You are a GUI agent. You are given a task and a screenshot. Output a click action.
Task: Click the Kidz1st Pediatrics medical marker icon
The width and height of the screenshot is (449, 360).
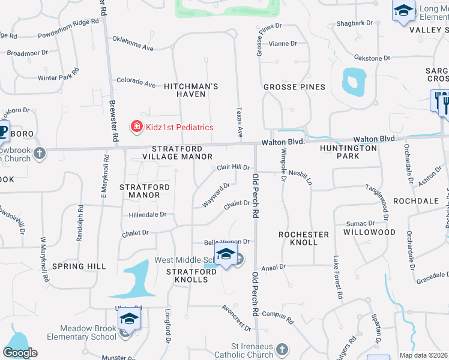click(x=137, y=127)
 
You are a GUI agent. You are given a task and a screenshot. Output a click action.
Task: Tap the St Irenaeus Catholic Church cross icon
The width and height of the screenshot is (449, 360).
click(x=283, y=349)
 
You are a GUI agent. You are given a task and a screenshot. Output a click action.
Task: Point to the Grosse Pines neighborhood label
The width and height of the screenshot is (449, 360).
click(x=294, y=87)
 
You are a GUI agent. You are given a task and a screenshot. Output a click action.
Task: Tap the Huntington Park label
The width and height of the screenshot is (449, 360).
click(x=348, y=152)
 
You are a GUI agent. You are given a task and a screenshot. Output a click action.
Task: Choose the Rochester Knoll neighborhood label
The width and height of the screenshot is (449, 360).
click(x=304, y=238)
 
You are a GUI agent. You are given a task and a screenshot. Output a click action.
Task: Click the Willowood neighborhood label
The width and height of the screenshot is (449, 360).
click(x=370, y=232)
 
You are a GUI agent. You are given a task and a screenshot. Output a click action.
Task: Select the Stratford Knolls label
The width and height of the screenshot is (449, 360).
click(x=191, y=276)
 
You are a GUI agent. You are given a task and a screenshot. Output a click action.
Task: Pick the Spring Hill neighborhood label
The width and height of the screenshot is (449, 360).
click(x=79, y=266)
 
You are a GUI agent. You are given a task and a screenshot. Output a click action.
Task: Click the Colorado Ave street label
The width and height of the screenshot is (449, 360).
click(x=136, y=81)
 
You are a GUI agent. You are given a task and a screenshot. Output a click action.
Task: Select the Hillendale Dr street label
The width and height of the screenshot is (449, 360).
click(x=147, y=214)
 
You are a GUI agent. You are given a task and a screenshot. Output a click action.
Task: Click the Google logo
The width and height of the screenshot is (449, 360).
click(x=20, y=353)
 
